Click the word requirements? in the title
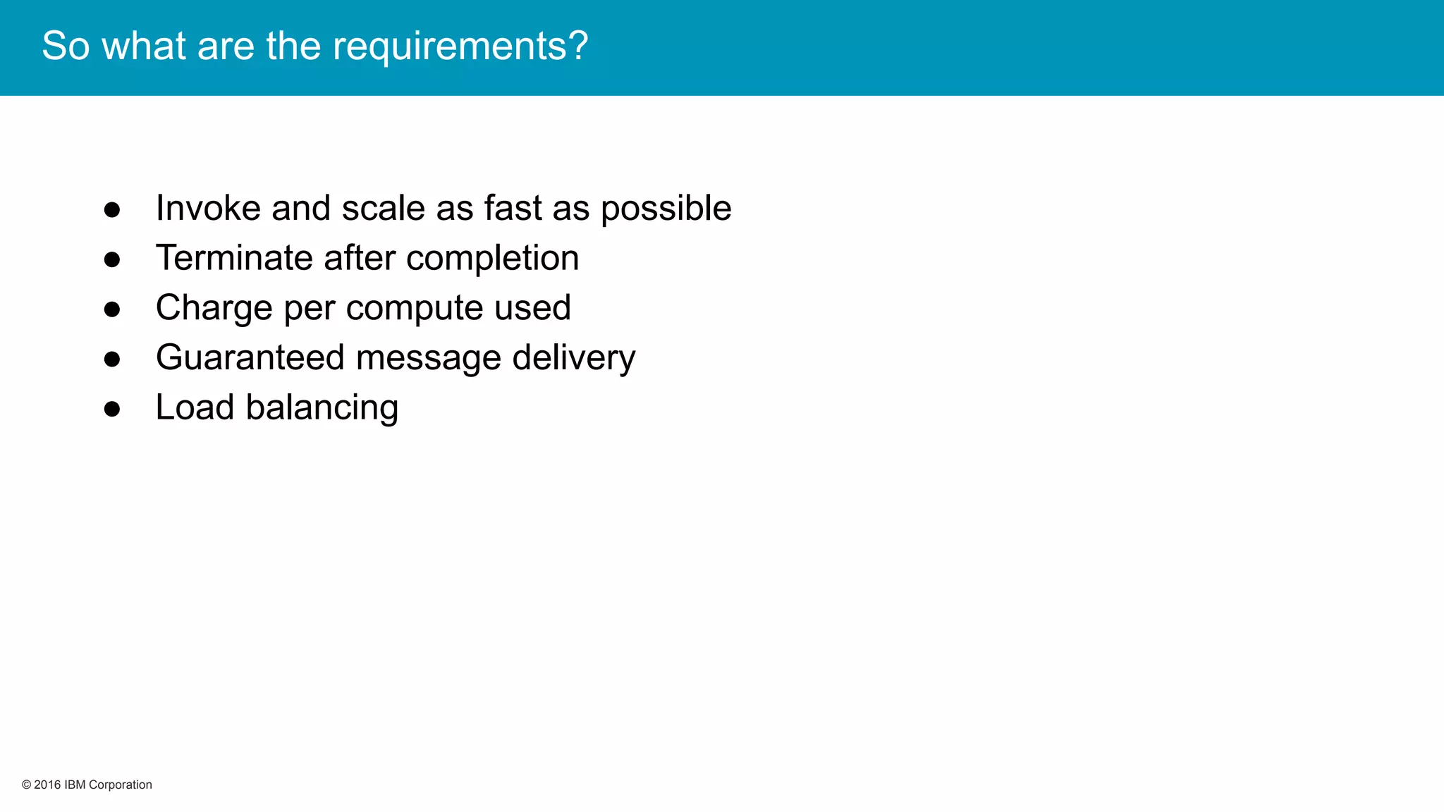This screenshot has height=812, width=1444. click(x=460, y=47)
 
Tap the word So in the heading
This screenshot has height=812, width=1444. click(x=66, y=47)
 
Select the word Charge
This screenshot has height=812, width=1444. click(x=214, y=309)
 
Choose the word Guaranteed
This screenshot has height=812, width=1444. click(x=250, y=357)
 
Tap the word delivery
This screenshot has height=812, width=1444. click(x=573, y=359)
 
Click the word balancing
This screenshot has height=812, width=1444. click(x=322, y=409)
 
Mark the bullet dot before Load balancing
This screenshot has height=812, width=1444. click(x=112, y=409)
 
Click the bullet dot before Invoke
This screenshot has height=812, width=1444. click(x=112, y=209)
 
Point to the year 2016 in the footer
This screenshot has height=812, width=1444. click(x=47, y=785)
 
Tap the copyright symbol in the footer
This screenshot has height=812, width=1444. click(x=27, y=785)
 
